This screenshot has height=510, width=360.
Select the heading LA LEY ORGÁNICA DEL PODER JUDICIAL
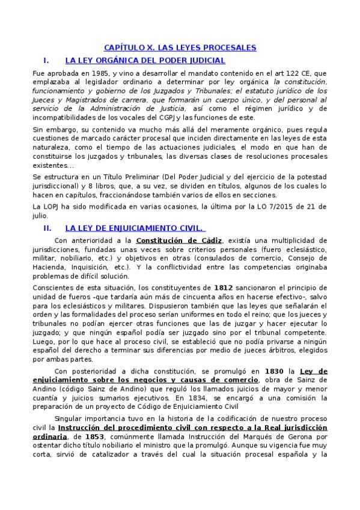[144, 60]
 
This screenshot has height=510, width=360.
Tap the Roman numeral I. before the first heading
[46, 60]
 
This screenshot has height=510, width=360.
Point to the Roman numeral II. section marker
[48, 229]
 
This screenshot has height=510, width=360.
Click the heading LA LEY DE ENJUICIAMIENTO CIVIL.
[135, 229]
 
